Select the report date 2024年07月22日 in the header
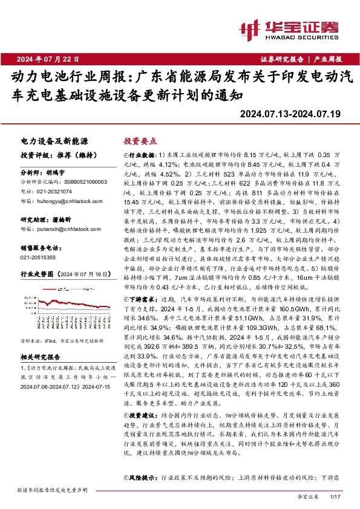(48, 59)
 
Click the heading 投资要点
(140, 140)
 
